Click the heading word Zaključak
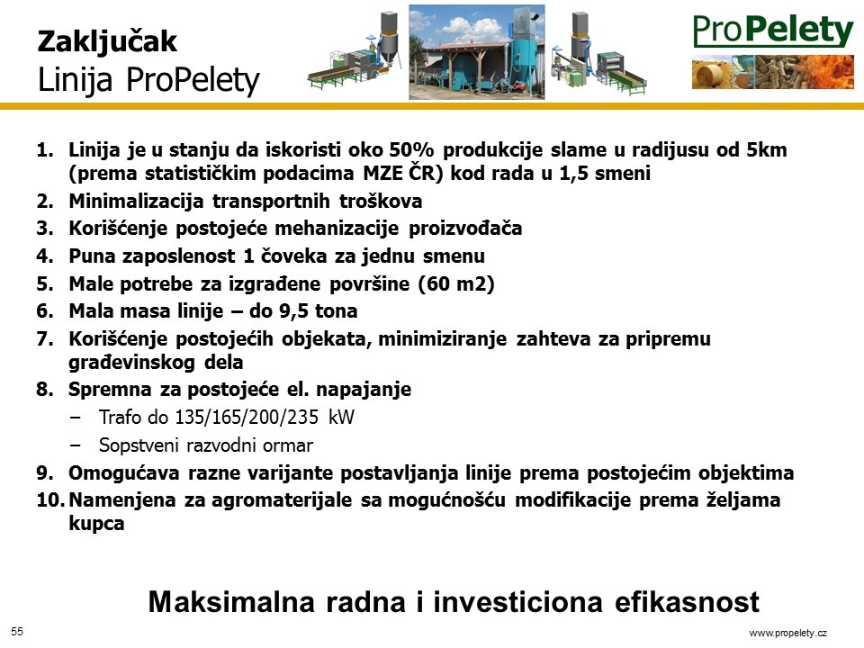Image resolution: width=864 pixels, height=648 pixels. pos(107,42)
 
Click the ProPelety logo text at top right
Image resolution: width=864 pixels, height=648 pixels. pos(772,31)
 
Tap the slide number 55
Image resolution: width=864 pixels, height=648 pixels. pos(17,632)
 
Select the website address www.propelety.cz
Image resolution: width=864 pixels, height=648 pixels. pos(788,633)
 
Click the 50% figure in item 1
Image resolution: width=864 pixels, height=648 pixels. pos(411,149)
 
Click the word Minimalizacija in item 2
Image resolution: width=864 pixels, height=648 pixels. pos(136,201)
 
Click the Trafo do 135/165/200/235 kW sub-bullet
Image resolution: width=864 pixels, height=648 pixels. pos(227,417)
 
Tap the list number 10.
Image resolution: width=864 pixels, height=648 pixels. pos(50,500)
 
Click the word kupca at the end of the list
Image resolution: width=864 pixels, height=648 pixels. pos(96,524)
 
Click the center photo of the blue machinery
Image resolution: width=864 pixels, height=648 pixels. pos(477,52)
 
